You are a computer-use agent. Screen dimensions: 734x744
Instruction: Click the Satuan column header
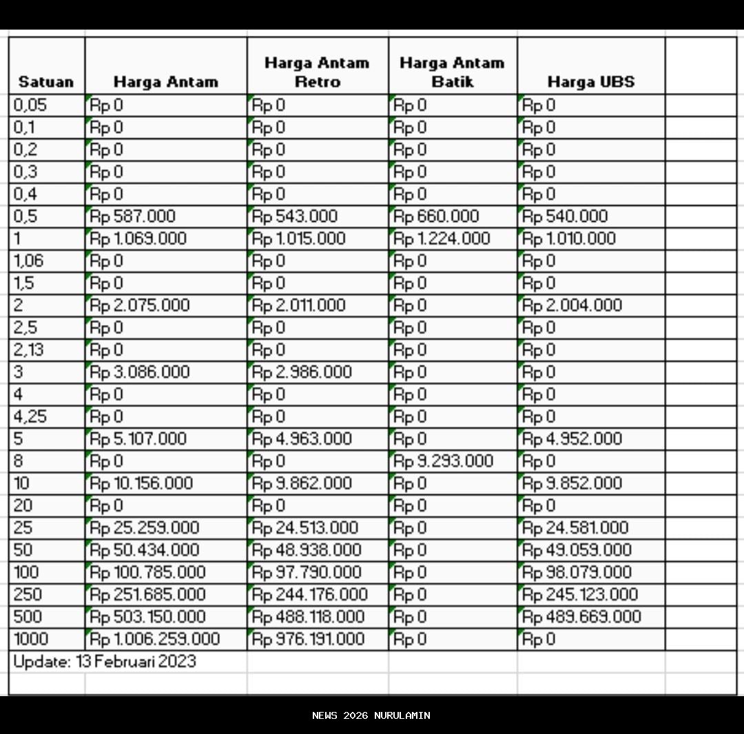[45, 82]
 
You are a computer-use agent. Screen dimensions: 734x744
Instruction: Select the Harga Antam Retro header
[317, 72]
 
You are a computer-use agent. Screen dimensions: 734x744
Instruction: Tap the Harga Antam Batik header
[452, 72]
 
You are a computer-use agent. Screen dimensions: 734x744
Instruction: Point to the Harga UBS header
[590, 82]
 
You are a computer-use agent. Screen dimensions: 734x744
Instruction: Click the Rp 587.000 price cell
[133, 216]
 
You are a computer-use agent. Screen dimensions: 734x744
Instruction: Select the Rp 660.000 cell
[436, 216]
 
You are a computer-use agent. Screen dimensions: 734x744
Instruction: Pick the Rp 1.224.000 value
[442, 239]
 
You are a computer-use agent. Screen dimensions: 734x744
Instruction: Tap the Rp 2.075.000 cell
[140, 305]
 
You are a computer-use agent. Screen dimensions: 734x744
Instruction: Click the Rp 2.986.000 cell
[302, 372]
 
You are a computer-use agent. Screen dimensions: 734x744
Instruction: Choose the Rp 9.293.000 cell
[443, 461]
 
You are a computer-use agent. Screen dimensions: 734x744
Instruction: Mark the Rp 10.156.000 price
[141, 483]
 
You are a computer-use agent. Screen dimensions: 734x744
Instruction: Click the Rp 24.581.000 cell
[575, 528]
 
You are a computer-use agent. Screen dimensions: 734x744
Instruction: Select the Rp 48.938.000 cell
[307, 550]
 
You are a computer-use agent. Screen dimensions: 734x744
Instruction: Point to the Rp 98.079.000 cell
[577, 572]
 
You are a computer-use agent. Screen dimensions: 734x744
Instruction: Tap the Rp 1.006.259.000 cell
[155, 639]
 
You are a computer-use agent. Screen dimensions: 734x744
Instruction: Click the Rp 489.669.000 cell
[581, 617]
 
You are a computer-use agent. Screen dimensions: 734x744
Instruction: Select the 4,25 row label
[30, 417]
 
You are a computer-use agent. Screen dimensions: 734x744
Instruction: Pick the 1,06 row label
[28, 261]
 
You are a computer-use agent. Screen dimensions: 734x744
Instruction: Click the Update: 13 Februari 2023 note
[105, 662]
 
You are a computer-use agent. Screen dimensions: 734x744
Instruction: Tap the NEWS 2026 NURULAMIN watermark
[371, 715]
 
